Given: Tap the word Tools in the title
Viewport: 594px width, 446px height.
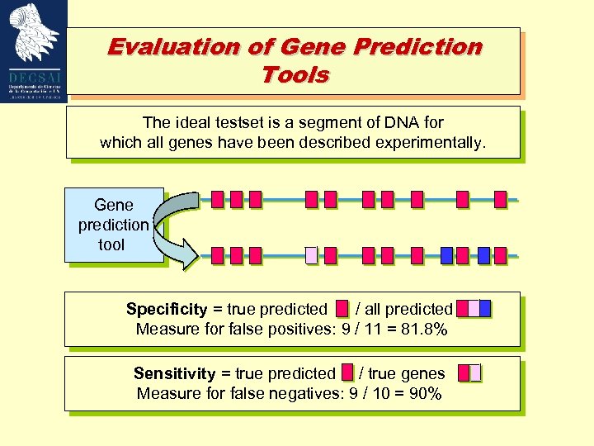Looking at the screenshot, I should coord(295,75).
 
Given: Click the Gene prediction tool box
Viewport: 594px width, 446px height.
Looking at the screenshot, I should coord(113,225).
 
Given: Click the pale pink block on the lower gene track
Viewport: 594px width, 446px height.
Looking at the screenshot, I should coord(311,255).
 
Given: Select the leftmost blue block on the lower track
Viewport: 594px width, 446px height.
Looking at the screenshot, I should coord(446,255).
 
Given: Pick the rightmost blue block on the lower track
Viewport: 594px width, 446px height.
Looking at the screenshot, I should coord(483,255).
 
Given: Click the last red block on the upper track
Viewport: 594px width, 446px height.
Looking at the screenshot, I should coord(500,199).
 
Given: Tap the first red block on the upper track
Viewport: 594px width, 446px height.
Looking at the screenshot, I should coord(217,199).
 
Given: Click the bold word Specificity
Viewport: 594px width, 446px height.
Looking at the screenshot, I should coord(167,310).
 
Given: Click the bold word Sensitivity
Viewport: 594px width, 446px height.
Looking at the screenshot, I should coord(174,374).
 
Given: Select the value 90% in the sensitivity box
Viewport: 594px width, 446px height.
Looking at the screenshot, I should coord(425,394).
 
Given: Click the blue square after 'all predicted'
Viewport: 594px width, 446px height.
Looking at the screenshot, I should coord(485,309).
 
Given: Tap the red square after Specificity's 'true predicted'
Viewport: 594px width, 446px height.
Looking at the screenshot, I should coord(342,310).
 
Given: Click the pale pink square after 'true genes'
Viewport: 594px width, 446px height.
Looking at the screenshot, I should coord(474,373).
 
